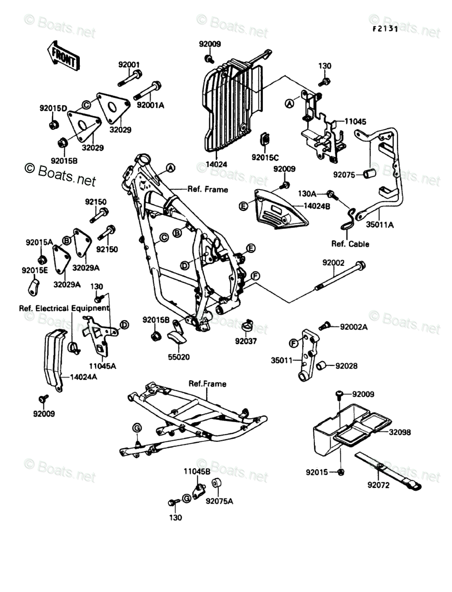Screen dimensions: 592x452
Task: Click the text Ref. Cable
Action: pyautogui.click(x=350, y=244)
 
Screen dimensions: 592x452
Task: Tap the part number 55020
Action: pyautogui.click(x=179, y=357)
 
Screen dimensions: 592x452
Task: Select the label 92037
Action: pyautogui.click(x=246, y=341)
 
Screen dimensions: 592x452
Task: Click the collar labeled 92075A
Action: pyautogui.click(x=217, y=484)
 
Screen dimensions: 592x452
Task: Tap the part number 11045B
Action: pyautogui.click(x=197, y=471)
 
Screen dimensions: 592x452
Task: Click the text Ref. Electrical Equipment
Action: pyautogui.click(x=64, y=308)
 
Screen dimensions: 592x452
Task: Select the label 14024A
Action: pyautogui.click(x=83, y=377)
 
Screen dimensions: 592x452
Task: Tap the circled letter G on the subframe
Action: pyautogui.click(x=136, y=429)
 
